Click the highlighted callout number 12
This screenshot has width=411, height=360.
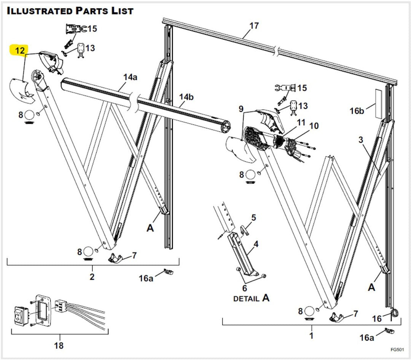[19, 50]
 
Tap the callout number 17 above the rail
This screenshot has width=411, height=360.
[254, 26]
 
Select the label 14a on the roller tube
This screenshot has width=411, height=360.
[130, 77]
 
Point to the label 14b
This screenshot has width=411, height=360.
[186, 97]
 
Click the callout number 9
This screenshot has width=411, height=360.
[241, 109]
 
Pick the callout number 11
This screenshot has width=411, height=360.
[301, 122]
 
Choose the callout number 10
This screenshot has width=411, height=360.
[314, 126]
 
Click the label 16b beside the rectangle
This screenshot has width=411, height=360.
[357, 111]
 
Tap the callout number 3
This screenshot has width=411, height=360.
[361, 140]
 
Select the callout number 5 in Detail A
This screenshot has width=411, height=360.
[253, 218]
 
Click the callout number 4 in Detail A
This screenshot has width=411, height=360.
[256, 244]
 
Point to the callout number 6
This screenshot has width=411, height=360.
[245, 288]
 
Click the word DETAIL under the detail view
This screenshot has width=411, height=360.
[246, 298]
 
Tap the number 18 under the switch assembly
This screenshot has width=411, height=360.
[59, 346]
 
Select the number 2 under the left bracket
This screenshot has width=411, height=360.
[92, 277]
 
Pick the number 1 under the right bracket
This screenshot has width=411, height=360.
[311, 336]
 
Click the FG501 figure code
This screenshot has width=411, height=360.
[397, 349]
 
